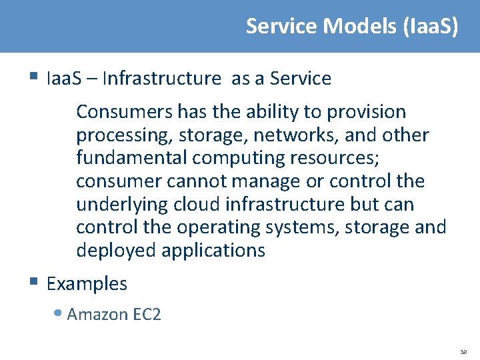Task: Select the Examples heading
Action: coord(87,283)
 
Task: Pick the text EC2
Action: coord(146,314)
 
